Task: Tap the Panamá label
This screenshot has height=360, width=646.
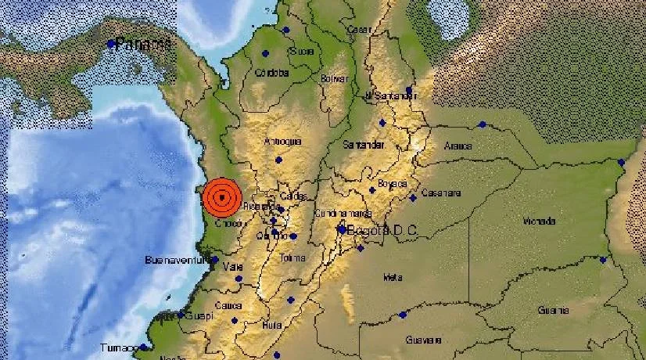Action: pos(144,44)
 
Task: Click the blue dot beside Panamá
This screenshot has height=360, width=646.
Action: pos(111,44)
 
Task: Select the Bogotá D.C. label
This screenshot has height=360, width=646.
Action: pos(383,229)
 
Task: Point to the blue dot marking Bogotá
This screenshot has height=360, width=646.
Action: pos(342,229)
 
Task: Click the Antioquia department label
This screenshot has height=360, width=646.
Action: pos(283,142)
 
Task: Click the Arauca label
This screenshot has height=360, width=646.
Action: pos(458,146)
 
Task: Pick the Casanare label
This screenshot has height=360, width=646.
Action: pos(441,193)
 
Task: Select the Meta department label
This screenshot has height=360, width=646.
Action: pos(392,277)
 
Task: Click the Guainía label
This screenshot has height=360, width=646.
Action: pos(552,310)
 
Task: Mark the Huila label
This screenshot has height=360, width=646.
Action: pos(273,325)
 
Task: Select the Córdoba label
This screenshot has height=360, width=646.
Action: pos(272,73)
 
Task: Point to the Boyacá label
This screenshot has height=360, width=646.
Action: pos(393,184)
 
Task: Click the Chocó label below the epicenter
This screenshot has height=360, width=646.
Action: pos(228,224)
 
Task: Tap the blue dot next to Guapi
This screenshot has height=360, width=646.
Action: pos(180,316)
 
